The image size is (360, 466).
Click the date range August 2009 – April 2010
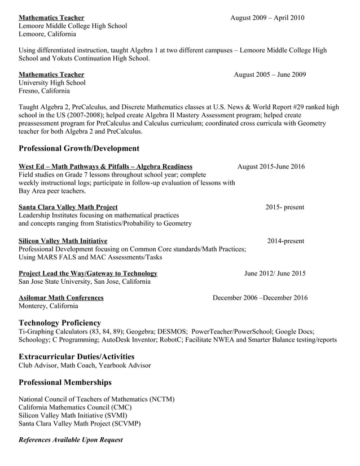pos(267,17)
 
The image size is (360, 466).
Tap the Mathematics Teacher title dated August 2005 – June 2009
pos(51,74)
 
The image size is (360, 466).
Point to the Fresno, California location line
pos(45,90)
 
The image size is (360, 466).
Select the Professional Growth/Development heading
pos(79,148)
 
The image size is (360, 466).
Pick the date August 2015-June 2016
pos(271,166)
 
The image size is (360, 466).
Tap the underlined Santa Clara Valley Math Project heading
pos(68,207)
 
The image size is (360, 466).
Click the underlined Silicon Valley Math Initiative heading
pos(63,241)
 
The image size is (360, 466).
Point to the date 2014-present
pos(286,241)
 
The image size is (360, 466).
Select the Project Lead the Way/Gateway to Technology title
pos(88,274)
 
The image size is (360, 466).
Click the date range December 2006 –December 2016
pos(260,298)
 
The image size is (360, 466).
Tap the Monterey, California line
pos(49,306)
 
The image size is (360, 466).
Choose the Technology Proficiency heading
pos(60,323)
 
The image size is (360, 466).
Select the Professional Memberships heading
pos(65,382)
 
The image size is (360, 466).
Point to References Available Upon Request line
pos(71,439)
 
